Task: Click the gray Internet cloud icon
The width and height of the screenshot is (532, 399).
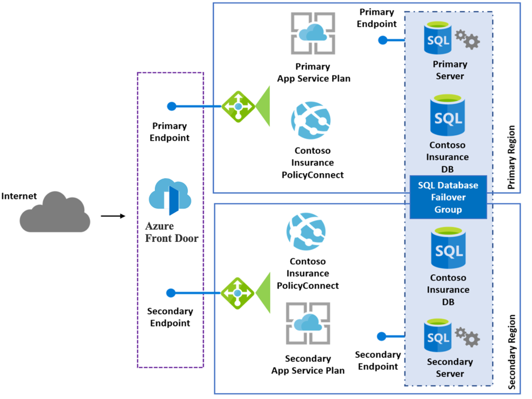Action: (55, 212)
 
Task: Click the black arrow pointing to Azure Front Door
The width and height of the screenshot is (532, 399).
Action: (113, 216)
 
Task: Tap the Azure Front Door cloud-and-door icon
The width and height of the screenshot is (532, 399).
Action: (170, 197)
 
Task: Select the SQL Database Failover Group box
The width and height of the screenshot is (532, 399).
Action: (448, 197)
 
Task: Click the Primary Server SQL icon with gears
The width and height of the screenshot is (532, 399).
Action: (451, 40)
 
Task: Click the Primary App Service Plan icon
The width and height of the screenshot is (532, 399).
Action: (313, 32)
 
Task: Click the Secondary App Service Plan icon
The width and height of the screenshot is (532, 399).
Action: (308, 324)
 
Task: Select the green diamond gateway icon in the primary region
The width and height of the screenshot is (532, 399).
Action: (238, 107)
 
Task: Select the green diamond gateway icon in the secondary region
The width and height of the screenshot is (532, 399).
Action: (237, 293)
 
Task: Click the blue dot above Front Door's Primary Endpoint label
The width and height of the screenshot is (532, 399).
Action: (171, 106)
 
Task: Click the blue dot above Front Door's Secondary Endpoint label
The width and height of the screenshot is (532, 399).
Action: (170, 293)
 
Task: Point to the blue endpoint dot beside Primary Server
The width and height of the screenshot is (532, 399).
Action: (382, 40)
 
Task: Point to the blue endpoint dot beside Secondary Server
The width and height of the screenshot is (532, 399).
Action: (381, 336)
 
